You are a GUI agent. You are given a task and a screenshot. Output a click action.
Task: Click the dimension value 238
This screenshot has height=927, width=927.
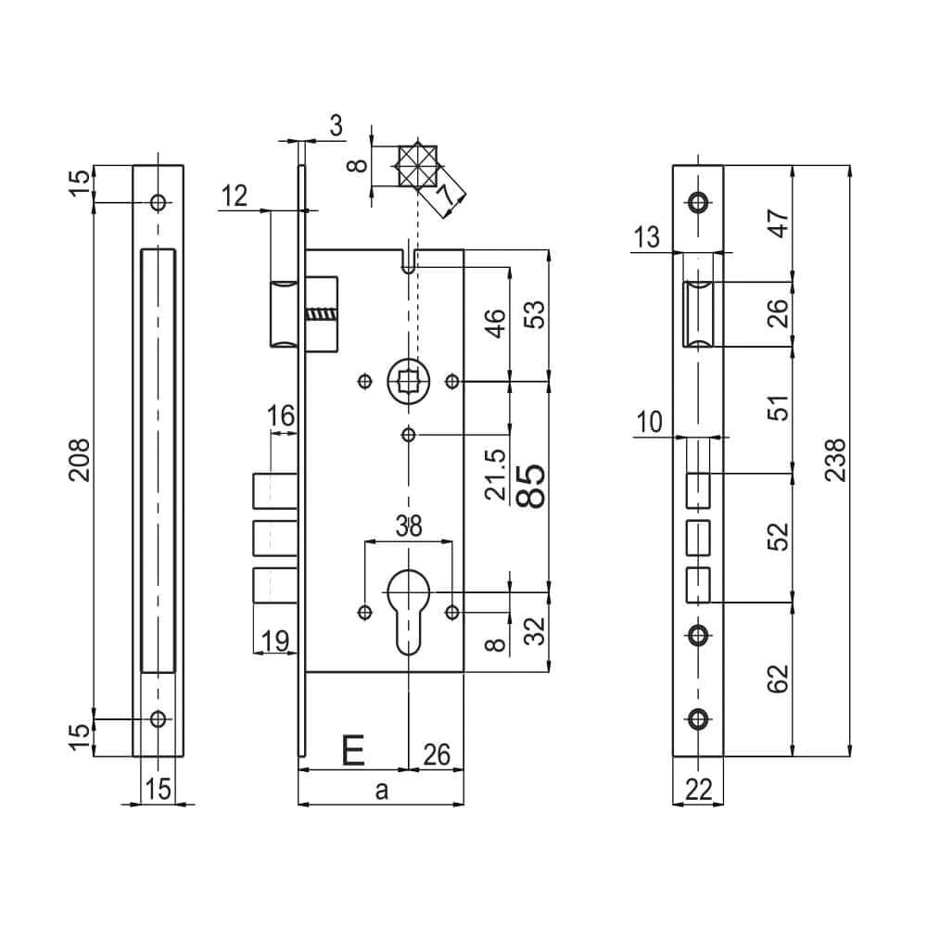tap(833, 460)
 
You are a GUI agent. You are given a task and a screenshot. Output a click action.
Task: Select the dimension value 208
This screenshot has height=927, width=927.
tap(81, 460)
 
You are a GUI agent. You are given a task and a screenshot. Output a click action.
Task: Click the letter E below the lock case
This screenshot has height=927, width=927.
tap(352, 751)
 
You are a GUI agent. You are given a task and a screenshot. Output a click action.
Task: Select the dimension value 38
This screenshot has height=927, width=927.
tap(408, 527)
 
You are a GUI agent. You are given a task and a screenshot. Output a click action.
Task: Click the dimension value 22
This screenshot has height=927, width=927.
tap(698, 789)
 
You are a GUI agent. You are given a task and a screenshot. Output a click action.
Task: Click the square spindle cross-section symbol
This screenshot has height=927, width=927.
tap(416, 166)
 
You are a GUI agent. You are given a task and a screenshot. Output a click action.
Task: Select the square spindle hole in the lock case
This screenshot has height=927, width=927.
tap(408, 380)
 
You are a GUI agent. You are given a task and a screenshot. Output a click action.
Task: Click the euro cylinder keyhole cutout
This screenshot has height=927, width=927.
tap(408, 607)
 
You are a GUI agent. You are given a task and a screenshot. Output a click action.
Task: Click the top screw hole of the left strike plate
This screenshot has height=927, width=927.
tap(158, 202)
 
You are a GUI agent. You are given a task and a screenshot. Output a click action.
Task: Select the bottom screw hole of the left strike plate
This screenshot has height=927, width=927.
tap(158, 718)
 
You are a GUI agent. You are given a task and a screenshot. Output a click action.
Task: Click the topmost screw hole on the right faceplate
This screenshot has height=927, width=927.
tap(697, 201)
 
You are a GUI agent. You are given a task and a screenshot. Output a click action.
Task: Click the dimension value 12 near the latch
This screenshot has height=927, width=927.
tap(235, 196)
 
